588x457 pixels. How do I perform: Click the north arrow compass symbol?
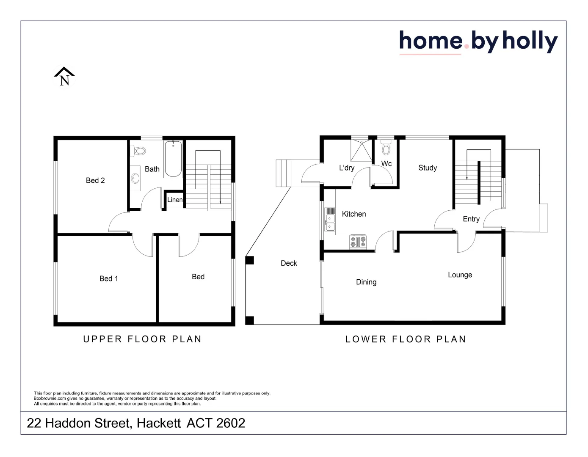[64, 77]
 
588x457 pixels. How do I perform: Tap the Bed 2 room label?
[95, 181]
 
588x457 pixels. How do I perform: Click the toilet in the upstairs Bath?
[139, 151]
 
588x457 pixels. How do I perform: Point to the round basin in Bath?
[135, 178]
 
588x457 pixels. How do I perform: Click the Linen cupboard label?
[175, 200]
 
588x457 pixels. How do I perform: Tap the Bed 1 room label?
[109, 278]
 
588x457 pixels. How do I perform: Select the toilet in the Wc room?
[386, 149]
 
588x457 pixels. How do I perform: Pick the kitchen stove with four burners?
[358, 242]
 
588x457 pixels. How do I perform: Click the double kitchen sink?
[330, 223]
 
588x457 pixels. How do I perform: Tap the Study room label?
[428, 168]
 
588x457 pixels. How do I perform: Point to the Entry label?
[471, 219]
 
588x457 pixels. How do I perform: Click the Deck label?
[289, 263]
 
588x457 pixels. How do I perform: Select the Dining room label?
[366, 282]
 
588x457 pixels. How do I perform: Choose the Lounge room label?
[460, 275]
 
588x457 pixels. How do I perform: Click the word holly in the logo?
[530, 42]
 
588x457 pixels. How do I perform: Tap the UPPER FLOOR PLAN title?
[142, 339]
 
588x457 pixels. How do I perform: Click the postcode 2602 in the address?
[231, 423]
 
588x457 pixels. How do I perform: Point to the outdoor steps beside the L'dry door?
[284, 173]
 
